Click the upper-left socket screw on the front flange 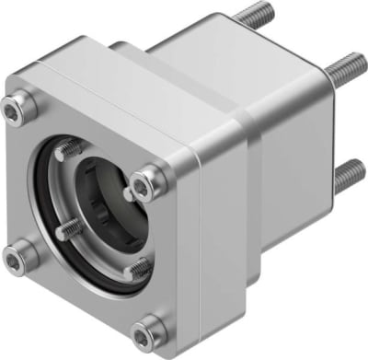(x=17, y=112)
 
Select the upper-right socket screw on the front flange (x=144, y=187)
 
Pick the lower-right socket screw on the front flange (x=146, y=334)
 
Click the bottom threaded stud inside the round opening (x=137, y=269)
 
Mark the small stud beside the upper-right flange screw (x=128, y=193)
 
